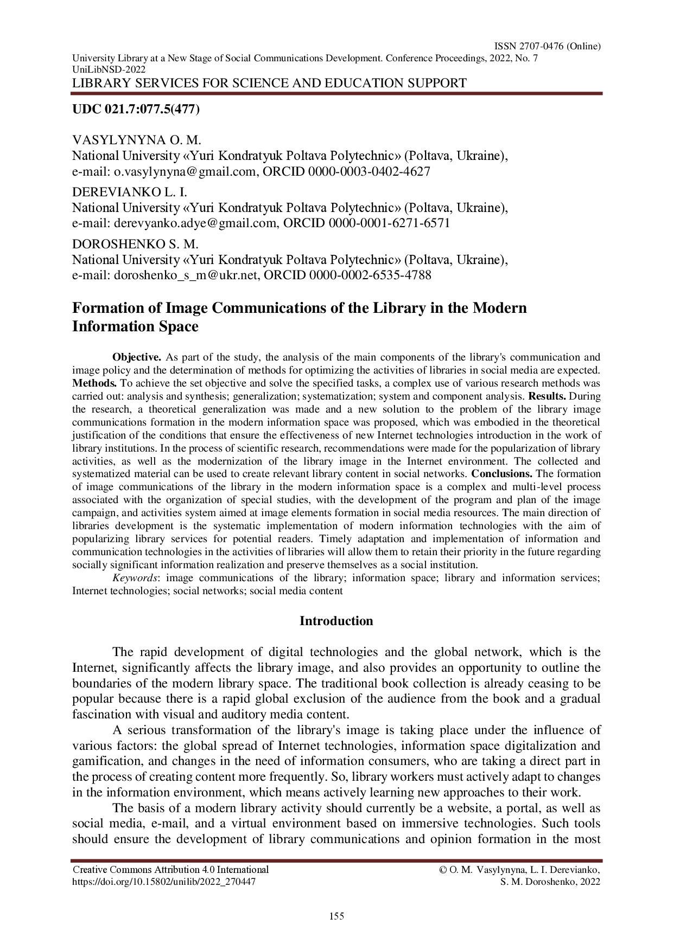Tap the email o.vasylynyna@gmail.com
[x=185, y=172]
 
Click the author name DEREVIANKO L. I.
[x=130, y=192]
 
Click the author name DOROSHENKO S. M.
[x=135, y=244]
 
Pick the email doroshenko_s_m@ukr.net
[x=186, y=275]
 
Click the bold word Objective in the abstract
[x=136, y=357]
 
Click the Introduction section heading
[x=336, y=621]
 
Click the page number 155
[x=336, y=917]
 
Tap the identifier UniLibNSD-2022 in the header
[x=109, y=69]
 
